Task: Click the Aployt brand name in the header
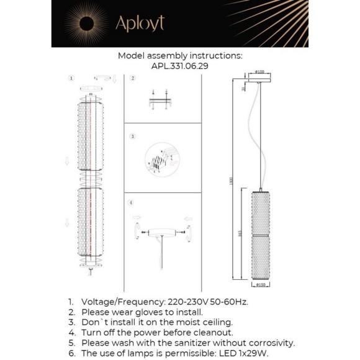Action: (x=140, y=23)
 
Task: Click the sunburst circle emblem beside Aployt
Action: (x=88, y=24)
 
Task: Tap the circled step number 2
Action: (x=132, y=79)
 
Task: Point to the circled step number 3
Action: (x=132, y=136)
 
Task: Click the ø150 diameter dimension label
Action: (x=261, y=286)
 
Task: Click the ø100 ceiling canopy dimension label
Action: (x=261, y=72)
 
